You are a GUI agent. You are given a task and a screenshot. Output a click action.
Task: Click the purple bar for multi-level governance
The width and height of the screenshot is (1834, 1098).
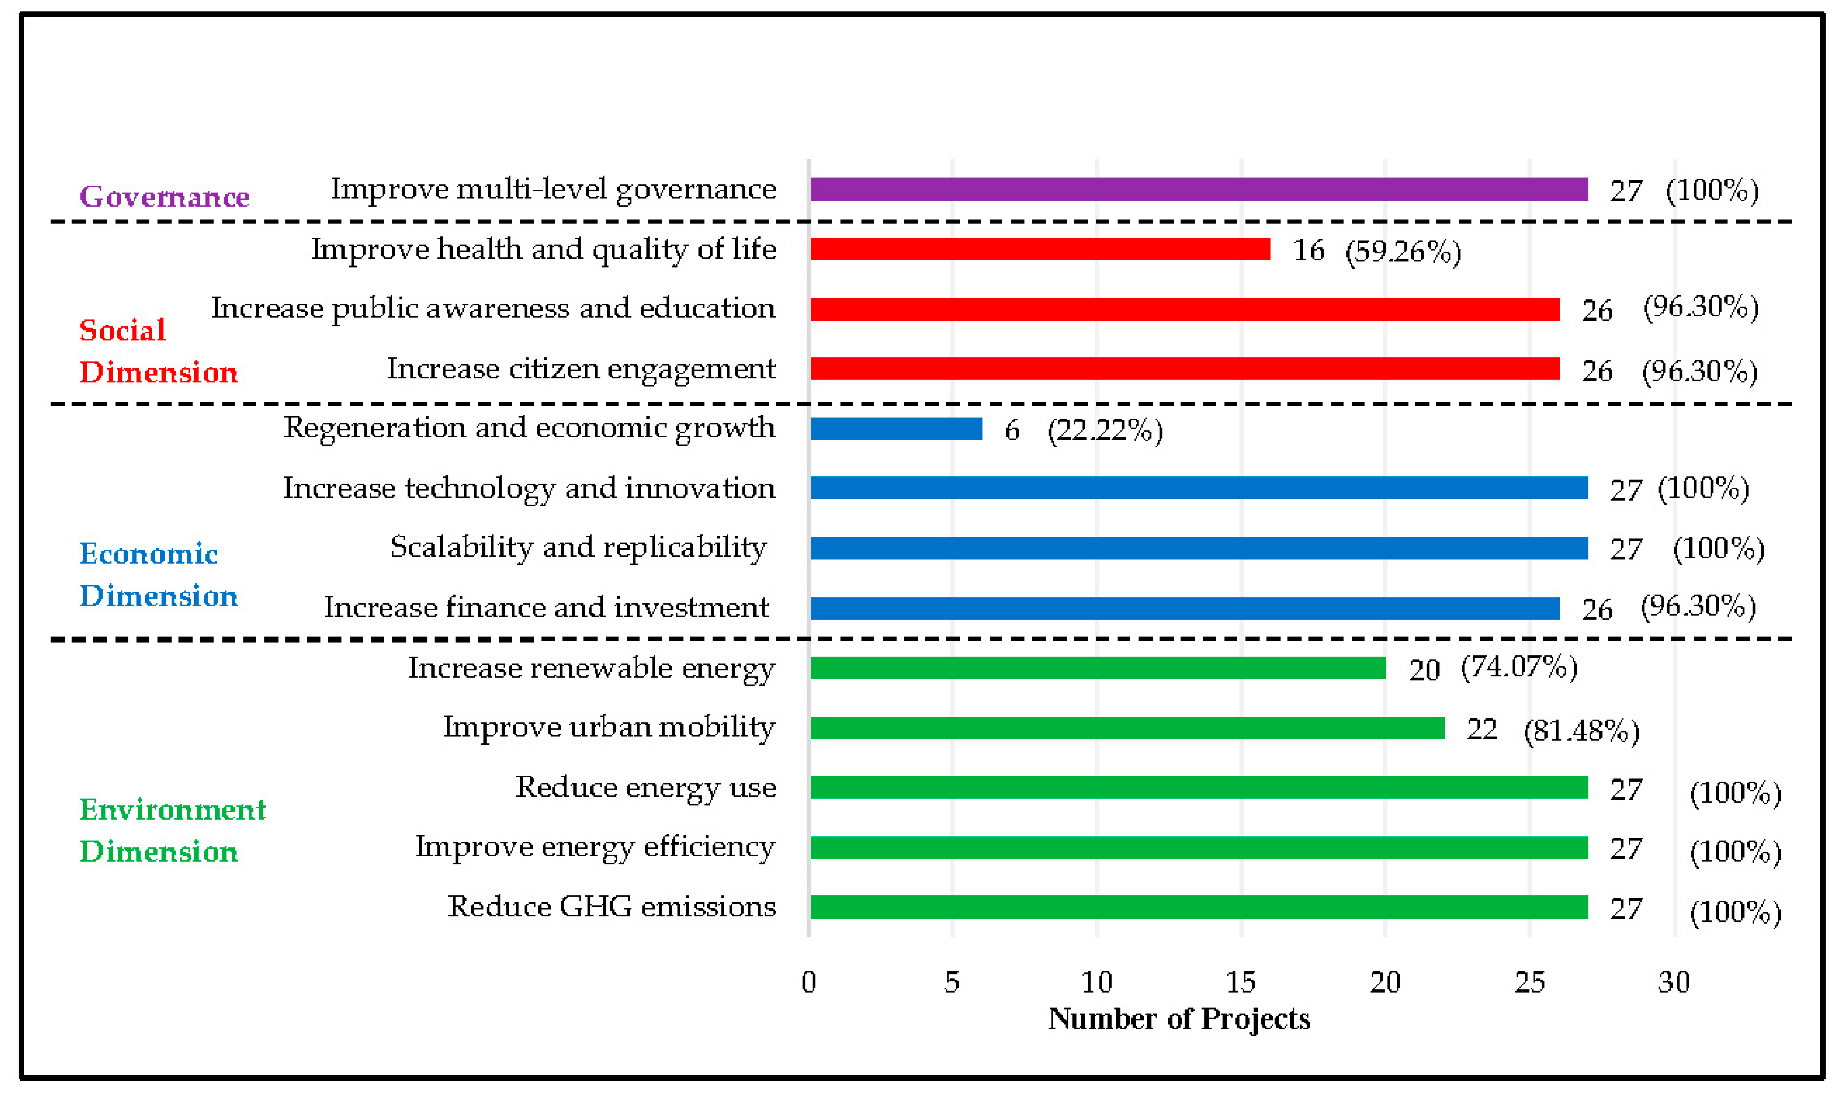point(1198,189)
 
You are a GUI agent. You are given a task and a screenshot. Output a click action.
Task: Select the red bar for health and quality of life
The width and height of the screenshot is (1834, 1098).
point(1040,250)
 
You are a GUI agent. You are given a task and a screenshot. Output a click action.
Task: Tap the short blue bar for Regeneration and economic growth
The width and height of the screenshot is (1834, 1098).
point(896,429)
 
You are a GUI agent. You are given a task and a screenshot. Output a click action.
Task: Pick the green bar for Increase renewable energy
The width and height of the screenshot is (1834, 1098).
point(1098,668)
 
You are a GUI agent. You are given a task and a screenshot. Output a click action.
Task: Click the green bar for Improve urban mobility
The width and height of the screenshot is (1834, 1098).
point(1127,728)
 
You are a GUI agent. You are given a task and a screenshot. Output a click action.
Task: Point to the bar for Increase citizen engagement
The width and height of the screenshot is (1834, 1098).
point(1185,368)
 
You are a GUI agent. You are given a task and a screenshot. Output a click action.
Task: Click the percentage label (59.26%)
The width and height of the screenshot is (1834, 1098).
point(1402,252)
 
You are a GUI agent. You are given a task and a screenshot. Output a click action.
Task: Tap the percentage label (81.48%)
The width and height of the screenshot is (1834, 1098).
point(1581,731)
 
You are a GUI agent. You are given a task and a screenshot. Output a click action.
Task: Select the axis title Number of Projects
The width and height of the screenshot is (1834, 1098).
point(1179,1019)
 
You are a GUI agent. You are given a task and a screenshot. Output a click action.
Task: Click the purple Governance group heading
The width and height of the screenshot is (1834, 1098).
point(164,197)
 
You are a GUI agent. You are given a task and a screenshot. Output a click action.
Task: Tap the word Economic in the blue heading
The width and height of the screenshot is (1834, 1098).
point(149,554)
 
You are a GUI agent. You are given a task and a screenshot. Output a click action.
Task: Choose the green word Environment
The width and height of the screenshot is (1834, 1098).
point(172,809)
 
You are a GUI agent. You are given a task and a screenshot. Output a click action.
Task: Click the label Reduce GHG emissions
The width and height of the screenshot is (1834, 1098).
point(612,907)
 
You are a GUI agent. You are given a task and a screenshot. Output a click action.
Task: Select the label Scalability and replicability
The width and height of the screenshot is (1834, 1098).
point(578,547)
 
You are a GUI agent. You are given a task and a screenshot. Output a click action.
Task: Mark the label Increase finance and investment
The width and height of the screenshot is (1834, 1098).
point(547,608)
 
